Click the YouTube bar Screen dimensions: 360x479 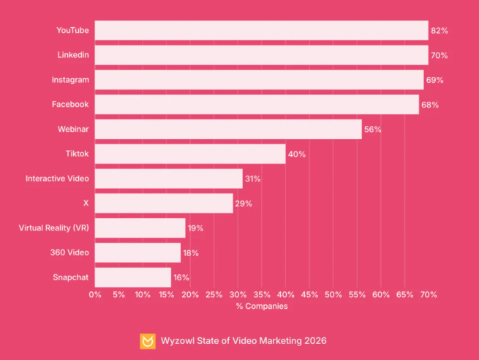click(x=261, y=31)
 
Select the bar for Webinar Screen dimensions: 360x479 click(x=228, y=130)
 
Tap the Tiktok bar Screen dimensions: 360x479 click(x=190, y=154)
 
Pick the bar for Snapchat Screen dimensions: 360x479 click(x=133, y=277)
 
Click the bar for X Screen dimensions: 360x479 click(x=164, y=203)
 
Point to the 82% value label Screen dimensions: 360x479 click(x=439, y=31)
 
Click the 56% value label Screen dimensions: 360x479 click(x=373, y=130)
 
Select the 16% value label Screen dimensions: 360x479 click(x=181, y=277)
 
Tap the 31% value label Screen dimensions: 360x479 click(x=253, y=179)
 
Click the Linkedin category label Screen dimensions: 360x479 click(x=73, y=55)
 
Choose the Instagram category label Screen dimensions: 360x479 click(x=70, y=80)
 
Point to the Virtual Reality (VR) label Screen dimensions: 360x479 click(x=53, y=228)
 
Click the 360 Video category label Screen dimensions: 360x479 click(x=70, y=252)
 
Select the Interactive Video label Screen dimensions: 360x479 click(x=57, y=179)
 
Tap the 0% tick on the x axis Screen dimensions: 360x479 click(x=95, y=294)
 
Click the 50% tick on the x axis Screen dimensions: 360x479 click(x=333, y=294)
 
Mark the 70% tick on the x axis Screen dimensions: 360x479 click(x=429, y=294)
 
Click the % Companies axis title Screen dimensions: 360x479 click(x=262, y=306)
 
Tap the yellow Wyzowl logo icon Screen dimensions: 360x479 click(x=148, y=341)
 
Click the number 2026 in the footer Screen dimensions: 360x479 click(x=314, y=341)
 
